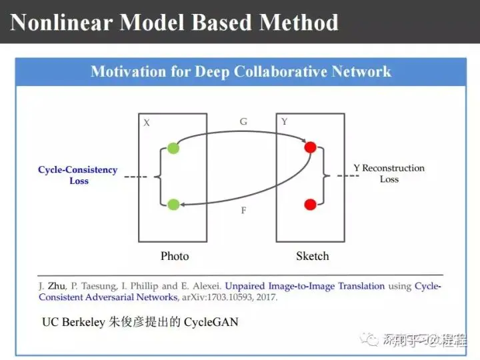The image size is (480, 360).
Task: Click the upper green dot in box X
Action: click(173, 148)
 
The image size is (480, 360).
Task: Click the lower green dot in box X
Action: click(173, 204)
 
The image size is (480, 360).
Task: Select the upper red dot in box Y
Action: click(310, 147)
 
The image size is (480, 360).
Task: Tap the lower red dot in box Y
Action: click(310, 204)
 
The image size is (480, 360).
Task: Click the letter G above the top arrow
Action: click(243, 122)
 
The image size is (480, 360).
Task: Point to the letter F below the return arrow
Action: click(243, 211)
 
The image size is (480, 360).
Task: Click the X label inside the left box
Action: click(147, 123)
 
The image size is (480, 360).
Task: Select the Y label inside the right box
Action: click(285, 122)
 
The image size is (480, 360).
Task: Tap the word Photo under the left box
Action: click(175, 256)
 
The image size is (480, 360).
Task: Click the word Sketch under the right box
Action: click(312, 256)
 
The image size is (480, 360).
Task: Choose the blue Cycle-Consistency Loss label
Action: click(78, 175)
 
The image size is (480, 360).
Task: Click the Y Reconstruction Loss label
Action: click(389, 173)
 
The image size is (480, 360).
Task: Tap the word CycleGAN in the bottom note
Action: click(211, 322)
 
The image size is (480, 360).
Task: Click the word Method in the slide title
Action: click(299, 23)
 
